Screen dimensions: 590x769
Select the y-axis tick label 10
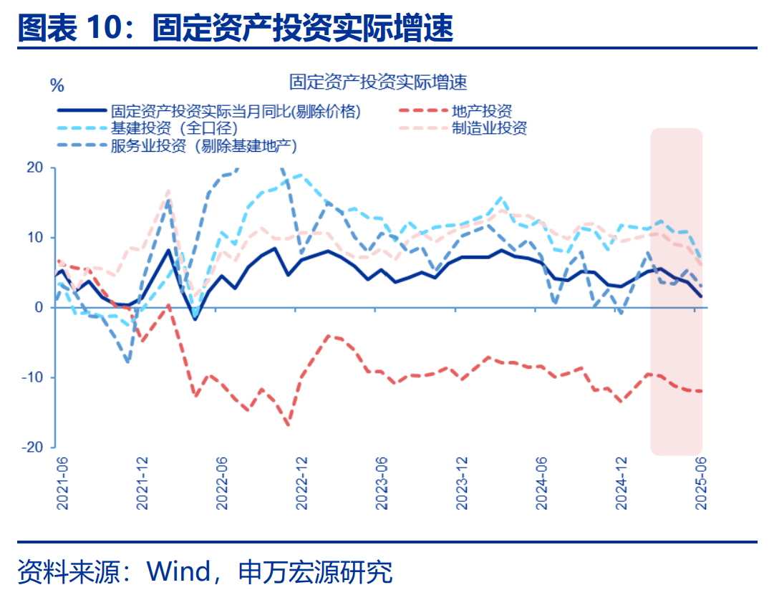coord(36,238)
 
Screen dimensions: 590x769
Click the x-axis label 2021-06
coord(62,484)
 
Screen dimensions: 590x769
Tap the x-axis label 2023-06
coord(382,484)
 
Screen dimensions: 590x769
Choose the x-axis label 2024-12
coord(622,484)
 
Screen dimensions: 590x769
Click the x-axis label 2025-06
coord(702,484)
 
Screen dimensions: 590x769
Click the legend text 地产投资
coord(482,112)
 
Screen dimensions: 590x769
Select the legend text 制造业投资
coord(489,129)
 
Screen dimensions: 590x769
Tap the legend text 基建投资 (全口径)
coord(174,129)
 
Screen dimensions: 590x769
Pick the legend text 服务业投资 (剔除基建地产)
coord(203,146)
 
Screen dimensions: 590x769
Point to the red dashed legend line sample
coord(421,112)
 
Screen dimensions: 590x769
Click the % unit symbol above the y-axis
coord(57,86)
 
